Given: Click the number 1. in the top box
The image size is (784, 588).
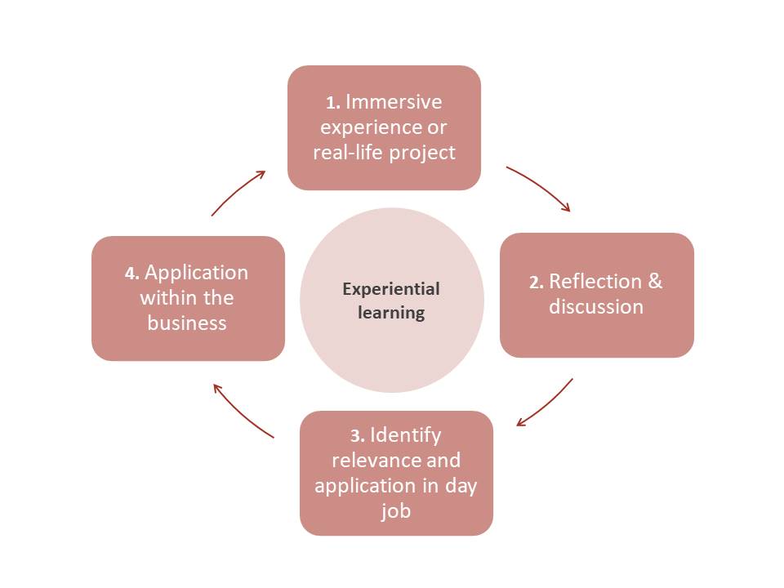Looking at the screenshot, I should tap(333, 103).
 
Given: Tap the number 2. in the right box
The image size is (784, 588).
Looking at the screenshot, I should tap(536, 283).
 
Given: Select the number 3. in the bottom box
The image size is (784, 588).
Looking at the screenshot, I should tap(358, 435).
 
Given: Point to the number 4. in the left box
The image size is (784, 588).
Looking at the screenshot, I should tap(131, 274).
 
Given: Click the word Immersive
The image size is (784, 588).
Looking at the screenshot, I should tap(394, 102).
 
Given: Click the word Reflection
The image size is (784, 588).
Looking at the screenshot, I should tap(595, 282).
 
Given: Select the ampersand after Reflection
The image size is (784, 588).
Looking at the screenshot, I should tap(655, 282).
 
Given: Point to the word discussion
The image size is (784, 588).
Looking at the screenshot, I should tap(596, 307).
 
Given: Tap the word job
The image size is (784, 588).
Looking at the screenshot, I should tap(396, 512).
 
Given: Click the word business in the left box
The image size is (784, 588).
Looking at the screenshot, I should tap(187, 323).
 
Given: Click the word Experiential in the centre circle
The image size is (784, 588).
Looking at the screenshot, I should tap(391, 289).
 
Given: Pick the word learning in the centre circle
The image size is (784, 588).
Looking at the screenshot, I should tap(391, 313).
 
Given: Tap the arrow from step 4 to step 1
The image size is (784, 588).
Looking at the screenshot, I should tap(238, 193).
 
